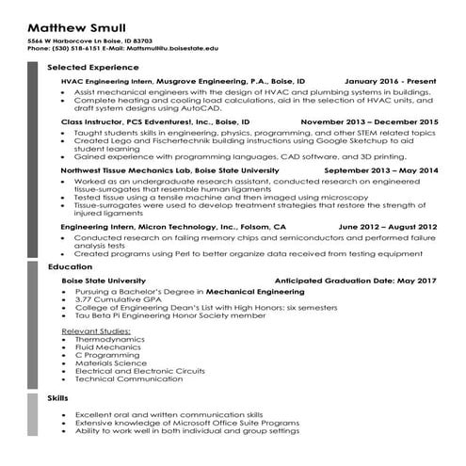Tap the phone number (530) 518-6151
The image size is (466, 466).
click(72, 46)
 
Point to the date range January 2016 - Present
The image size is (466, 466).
click(391, 83)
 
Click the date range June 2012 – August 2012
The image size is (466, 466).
click(387, 228)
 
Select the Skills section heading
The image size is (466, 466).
click(57, 399)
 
